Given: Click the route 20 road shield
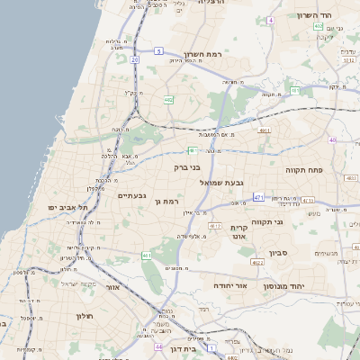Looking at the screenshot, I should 133,58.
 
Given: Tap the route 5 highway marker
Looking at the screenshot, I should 159,53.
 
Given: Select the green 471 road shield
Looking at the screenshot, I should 259,197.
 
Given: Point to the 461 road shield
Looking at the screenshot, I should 147,256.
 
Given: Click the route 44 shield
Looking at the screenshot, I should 158,346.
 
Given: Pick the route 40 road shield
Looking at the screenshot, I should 332,140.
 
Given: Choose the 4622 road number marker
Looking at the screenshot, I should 258,263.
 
